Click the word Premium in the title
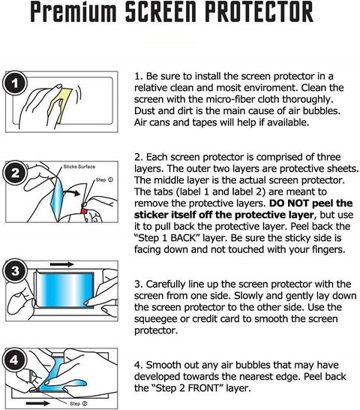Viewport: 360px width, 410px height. coord(73,12)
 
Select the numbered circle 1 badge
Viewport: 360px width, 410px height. coord(15,83)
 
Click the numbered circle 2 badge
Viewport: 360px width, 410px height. coord(15,173)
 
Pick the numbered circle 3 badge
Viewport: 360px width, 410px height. coord(15,270)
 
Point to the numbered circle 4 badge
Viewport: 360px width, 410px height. coord(14,360)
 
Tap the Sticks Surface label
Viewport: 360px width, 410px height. coord(79,167)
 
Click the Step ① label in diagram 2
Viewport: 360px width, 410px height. coord(104,180)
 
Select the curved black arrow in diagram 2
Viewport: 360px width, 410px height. coord(71,193)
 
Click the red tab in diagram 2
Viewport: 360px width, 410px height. coord(84,211)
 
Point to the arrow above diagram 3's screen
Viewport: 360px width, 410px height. coord(62,264)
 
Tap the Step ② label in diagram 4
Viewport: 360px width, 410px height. coord(79,404)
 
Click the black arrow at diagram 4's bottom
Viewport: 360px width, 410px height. coord(38,403)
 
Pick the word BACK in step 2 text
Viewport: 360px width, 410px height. coord(183,238)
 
